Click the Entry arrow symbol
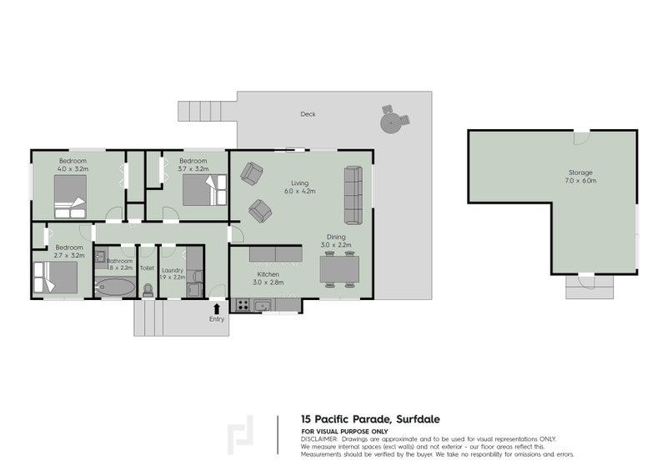tap(218, 309)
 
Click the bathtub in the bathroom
tap(115, 288)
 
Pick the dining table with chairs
tap(340, 269)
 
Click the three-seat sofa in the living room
tap(353, 195)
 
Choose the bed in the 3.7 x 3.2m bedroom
tap(200, 191)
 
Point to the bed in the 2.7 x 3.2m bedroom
tap(56, 277)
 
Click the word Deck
tap(308, 114)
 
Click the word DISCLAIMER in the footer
tap(319, 438)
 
